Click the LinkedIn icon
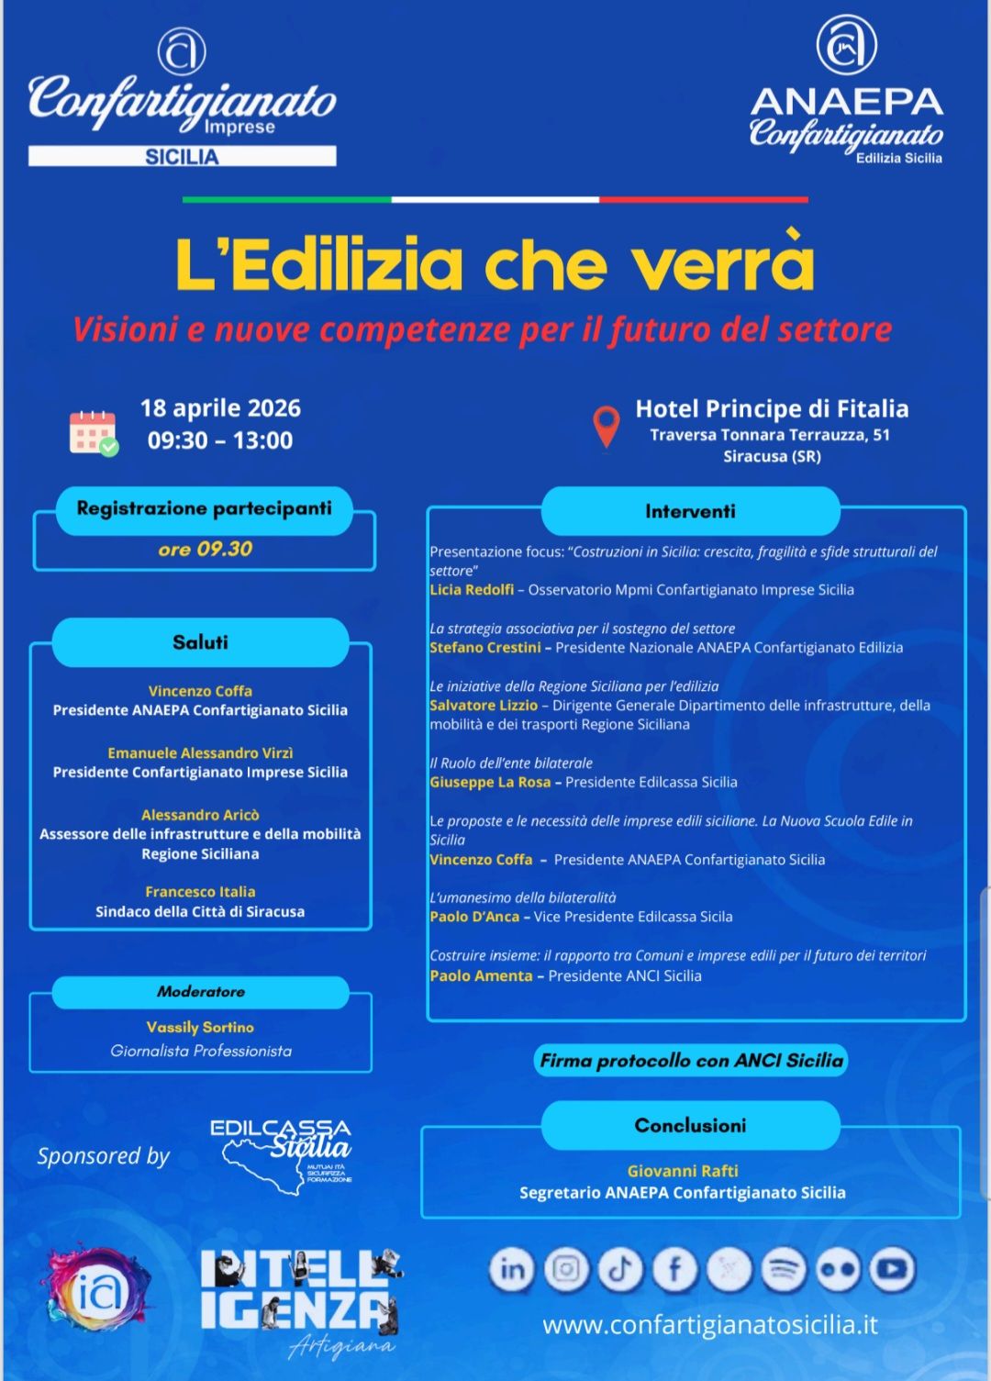512,1270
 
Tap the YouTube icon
892,1270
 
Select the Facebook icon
674,1270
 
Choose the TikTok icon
620,1270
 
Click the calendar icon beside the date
94,432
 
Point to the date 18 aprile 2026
220,408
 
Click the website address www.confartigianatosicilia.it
709,1325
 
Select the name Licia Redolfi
472,590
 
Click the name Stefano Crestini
484,648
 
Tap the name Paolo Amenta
481,976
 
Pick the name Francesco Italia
200,892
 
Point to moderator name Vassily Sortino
200,1028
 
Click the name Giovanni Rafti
683,1171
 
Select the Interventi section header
690,511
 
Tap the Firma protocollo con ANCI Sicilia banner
691,1061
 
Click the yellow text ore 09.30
205,549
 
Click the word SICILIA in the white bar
182,157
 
